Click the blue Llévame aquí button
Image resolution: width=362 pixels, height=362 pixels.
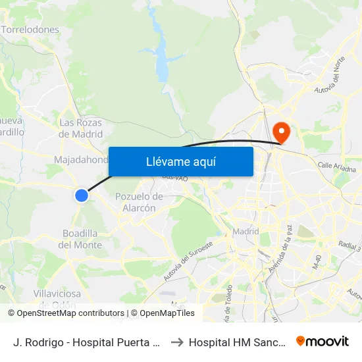pos(180,161)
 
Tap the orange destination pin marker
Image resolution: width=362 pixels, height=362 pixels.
pos(281,131)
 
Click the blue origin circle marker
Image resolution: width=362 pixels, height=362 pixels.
pos(82,195)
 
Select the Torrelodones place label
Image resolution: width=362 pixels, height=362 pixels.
pos(30,30)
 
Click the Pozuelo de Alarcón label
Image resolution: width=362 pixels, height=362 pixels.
pos(139,202)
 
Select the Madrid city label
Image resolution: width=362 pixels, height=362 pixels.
pos(246,232)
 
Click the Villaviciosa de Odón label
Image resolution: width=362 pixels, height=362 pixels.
pos(57,297)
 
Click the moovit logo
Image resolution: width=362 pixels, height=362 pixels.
pos(323,342)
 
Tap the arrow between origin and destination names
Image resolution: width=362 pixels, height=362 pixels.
pos(176,342)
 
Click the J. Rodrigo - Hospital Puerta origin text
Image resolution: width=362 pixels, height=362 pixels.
pos(86,342)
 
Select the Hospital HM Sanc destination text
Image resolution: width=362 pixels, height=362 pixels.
pos(237,342)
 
